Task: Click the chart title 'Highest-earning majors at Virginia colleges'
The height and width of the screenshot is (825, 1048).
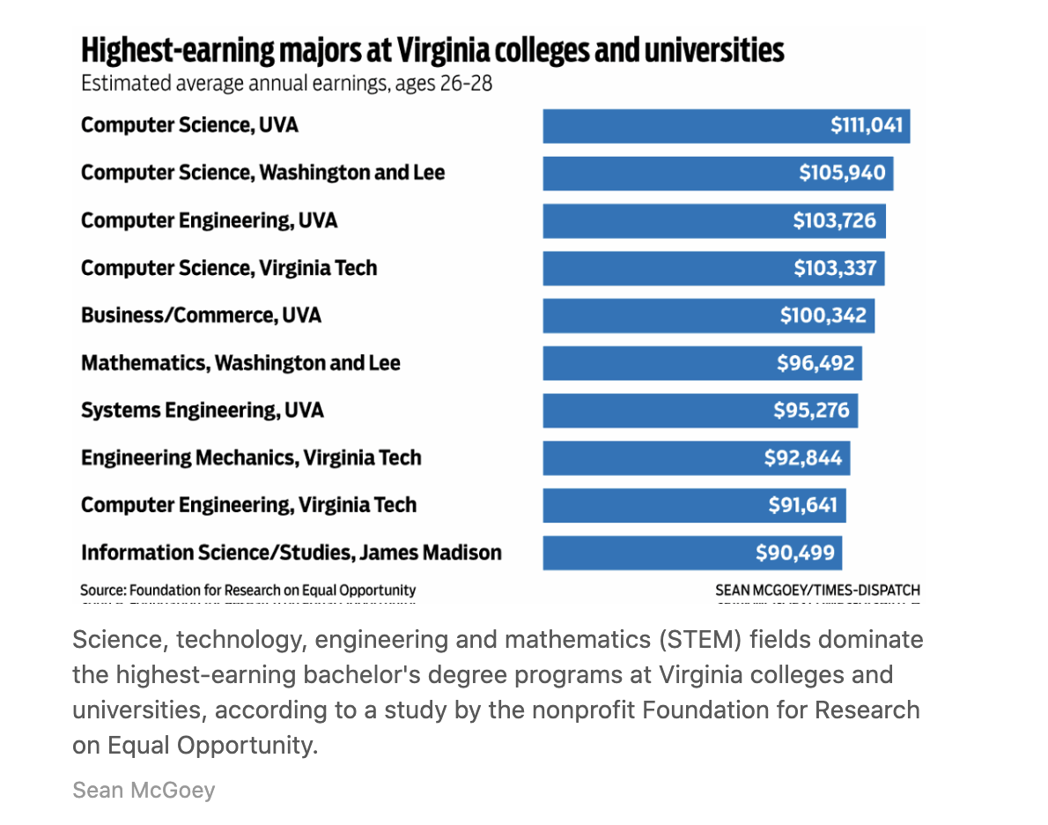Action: point(432,50)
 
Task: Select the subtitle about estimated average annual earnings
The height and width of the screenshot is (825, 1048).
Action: point(286,85)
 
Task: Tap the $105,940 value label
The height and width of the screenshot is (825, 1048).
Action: point(842,174)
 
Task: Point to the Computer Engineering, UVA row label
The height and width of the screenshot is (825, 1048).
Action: point(209,220)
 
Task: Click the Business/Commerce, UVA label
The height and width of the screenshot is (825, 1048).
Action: point(201,316)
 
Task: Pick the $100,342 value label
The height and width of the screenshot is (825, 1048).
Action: point(823,316)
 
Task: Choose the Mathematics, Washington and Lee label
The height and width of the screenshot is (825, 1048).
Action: point(240,363)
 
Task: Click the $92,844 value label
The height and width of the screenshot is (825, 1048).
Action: point(802,458)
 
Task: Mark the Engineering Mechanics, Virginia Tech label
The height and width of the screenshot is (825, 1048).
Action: point(251,458)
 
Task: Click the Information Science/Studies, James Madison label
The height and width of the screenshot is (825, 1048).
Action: point(292,554)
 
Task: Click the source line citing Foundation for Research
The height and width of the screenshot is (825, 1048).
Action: point(248,590)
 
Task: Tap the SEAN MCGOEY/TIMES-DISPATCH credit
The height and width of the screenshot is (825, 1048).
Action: point(817,590)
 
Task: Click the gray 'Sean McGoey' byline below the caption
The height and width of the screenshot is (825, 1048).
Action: point(144,790)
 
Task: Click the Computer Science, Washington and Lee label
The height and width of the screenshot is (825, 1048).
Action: point(262,173)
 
